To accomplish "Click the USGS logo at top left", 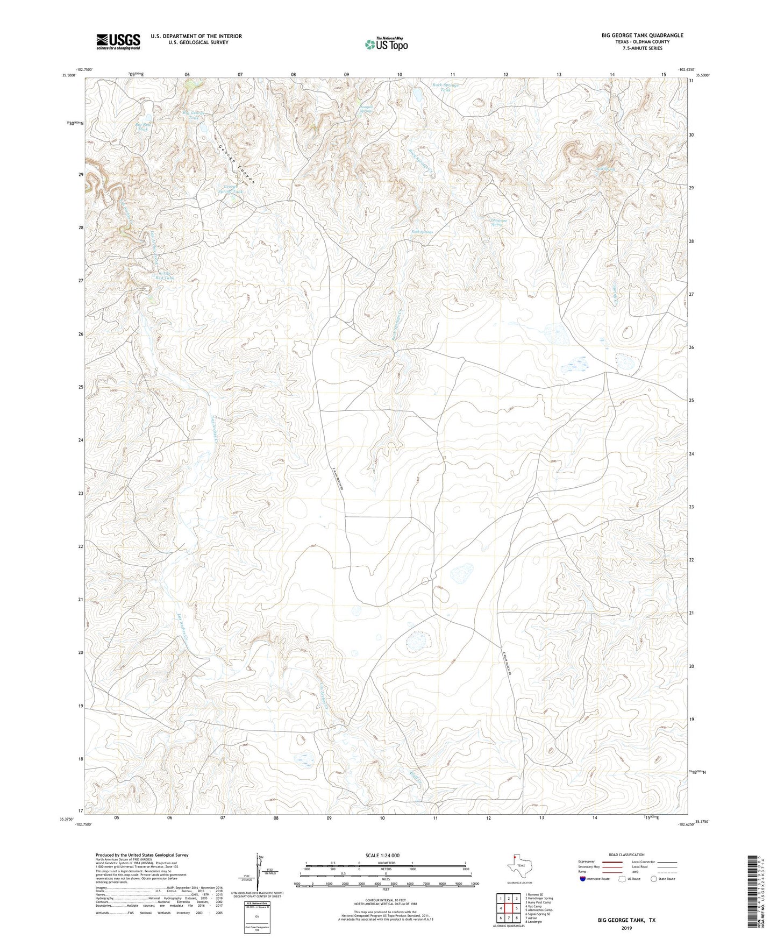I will click(x=118, y=41).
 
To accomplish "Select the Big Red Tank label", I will click(x=143, y=126).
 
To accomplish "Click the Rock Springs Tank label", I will click(x=446, y=87).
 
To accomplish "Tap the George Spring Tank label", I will click(x=230, y=189).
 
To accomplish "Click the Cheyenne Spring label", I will click(x=495, y=222).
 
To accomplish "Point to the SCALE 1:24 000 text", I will click(x=382, y=855).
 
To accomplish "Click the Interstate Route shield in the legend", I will click(x=583, y=879).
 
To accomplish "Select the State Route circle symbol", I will click(x=654, y=879).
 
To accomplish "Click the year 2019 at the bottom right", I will click(x=626, y=928).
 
